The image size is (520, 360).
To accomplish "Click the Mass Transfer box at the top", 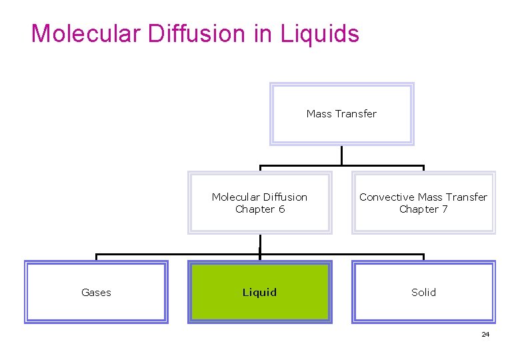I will (341, 114).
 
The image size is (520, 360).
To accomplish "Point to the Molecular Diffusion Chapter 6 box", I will (259, 203).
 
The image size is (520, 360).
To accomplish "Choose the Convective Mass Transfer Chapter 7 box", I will (423, 203).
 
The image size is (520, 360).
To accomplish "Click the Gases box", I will (96, 293).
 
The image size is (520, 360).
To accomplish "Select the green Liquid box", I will (259, 293).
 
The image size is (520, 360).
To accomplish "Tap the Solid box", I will (423, 293).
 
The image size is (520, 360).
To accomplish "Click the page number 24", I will (485, 334).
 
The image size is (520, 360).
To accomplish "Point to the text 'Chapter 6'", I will (260, 209).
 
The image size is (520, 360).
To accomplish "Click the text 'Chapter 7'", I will (424, 209).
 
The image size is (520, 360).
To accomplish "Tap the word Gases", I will (96, 293).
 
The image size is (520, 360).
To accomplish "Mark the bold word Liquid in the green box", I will (259, 293).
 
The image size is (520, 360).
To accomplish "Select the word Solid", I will (423, 293).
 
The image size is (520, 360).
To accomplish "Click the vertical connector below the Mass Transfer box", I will (341, 155).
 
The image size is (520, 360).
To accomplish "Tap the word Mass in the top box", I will (319, 114).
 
